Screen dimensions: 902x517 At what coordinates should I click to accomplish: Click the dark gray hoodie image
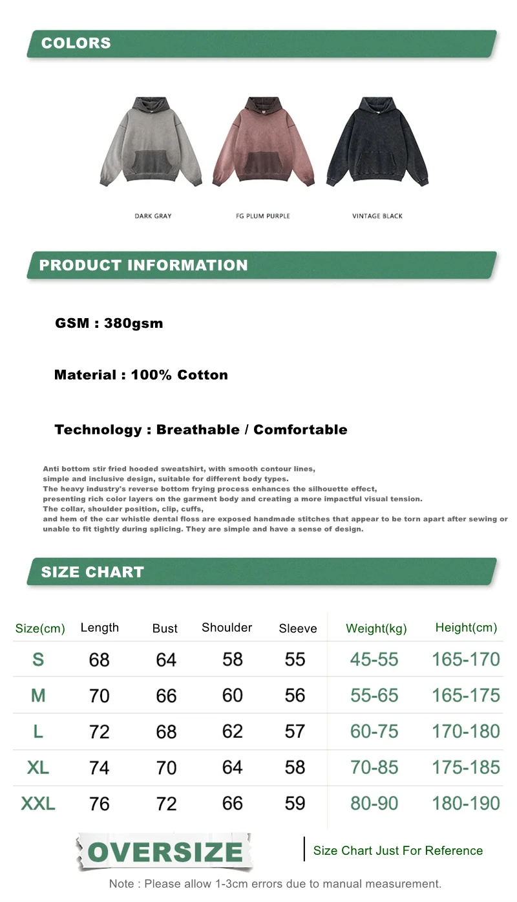151,142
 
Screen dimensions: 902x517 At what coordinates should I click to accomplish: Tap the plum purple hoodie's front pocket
264,165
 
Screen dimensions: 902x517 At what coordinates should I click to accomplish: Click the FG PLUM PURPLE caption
263,216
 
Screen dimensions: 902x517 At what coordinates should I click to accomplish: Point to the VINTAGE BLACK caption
377,216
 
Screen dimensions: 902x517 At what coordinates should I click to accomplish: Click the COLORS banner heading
76,43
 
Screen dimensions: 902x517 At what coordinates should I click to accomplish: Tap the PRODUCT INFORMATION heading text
143,265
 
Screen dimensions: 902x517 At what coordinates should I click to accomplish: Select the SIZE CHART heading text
92,572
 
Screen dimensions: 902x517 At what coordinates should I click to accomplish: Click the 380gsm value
134,323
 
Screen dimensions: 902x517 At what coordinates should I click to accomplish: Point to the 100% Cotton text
179,375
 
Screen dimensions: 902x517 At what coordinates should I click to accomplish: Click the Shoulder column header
227,627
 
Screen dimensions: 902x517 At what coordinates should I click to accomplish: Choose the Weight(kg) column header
376,628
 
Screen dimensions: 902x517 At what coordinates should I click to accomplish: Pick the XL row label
38,768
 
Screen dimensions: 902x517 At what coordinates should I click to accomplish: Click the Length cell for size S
100,660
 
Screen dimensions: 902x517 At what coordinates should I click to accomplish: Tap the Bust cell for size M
166,696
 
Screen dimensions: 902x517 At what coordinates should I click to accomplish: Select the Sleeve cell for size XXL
295,803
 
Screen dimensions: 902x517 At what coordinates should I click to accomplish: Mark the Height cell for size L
466,731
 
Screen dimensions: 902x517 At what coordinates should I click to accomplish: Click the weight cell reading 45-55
374,660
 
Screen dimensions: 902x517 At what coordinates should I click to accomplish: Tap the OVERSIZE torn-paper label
165,852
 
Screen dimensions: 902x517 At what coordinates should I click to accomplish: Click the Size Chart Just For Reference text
398,851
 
